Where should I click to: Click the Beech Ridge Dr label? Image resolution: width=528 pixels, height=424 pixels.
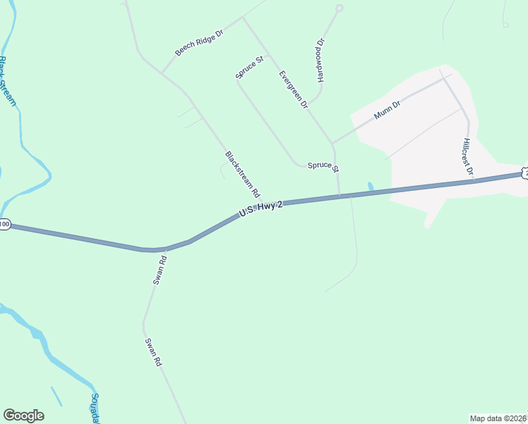(199, 43)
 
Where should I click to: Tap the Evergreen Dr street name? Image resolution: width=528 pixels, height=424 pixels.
(294, 89)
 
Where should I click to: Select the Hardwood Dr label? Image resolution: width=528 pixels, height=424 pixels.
(320, 60)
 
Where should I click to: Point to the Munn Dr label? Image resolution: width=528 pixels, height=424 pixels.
(387, 110)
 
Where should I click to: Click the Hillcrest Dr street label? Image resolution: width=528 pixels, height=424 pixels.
(467, 156)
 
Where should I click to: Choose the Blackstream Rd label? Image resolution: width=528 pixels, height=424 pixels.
(243, 174)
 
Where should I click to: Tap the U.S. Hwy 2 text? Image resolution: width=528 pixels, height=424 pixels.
(261, 208)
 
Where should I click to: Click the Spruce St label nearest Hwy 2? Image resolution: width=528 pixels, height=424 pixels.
(323, 167)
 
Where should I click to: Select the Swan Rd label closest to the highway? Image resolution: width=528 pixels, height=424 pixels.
(160, 270)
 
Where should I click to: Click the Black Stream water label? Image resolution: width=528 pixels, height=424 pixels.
(8, 81)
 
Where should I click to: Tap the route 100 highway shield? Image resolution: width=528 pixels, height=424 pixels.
(4, 224)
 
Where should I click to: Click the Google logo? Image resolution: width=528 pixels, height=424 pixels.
(23, 416)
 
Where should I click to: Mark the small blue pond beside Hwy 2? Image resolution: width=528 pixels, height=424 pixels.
(371, 187)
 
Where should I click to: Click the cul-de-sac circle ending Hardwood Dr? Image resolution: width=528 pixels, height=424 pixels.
(339, 8)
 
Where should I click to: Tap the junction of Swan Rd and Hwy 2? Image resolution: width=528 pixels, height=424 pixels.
(164, 249)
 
